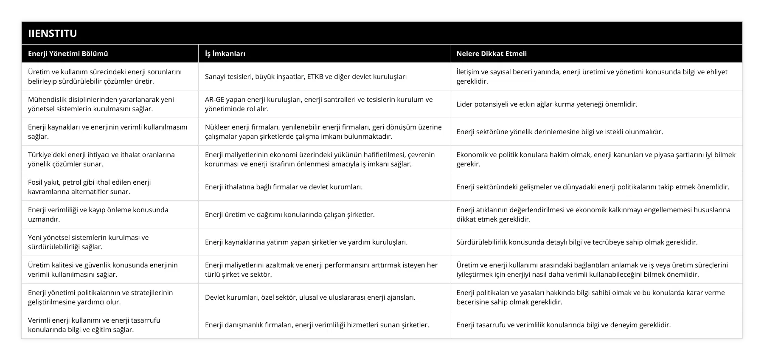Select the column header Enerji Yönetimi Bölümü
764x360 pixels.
click(68, 53)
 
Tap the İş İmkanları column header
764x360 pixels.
click(225, 53)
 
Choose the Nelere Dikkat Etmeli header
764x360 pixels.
click(492, 53)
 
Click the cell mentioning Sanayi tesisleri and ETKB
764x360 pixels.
click(306, 76)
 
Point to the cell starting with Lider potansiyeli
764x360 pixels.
click(547, 104)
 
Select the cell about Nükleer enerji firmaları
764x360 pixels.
click(323, 132)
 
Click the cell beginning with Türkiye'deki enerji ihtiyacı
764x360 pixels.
click(101, 159)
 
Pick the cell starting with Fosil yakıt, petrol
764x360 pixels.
click(90, 187)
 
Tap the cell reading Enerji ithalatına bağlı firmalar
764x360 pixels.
click(284, 187)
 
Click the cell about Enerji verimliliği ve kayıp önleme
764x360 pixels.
click(98, 214)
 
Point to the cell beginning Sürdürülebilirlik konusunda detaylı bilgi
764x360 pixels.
click(577, 242)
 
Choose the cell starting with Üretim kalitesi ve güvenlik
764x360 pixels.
click(103, 270)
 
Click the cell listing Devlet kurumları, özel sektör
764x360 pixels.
click(310, 297)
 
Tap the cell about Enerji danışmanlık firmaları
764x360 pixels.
click(317, 325)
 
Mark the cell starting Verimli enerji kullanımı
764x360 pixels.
click(94, 325)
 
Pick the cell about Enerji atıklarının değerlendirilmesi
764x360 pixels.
click(593, 214)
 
